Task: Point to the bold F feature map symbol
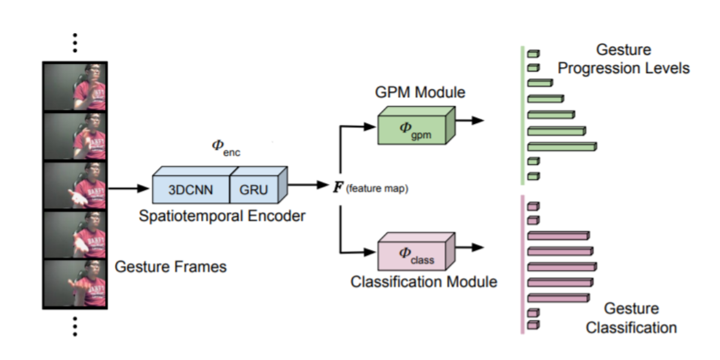click(338, 188)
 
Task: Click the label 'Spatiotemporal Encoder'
click(222, 216)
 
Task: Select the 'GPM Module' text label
click(420, 92)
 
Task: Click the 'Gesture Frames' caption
click(170, 266)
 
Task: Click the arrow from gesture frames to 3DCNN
click(128, 188)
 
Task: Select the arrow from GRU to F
click(309, 185)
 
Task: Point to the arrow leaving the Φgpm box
click(470, 121)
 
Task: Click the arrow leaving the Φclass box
click(470, 247)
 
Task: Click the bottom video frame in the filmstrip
click(75, 283)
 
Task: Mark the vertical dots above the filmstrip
click(75, 44)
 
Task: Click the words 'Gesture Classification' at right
click(631, 318)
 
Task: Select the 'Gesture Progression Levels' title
click(624, 59)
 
